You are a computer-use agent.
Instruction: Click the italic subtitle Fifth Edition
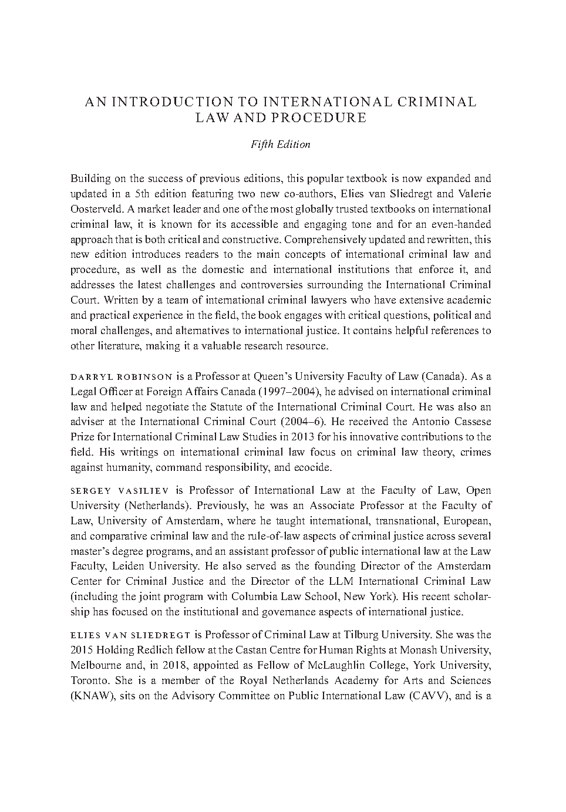click(281, 144)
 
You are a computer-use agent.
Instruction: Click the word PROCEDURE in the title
click(318, 117)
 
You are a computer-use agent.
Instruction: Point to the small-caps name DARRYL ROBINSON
click(121, 376)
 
